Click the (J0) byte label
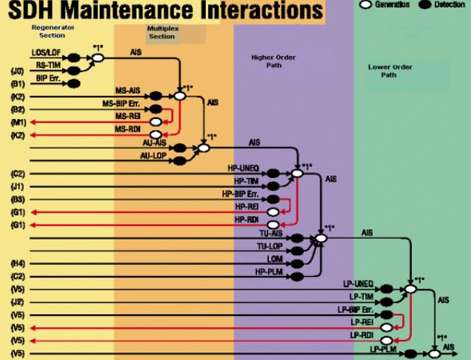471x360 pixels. [17, 70]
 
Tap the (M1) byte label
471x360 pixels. [17, 122]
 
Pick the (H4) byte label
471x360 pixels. [17, 263]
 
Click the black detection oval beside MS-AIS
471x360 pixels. [156, 96]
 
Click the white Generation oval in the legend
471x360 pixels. [366, 5]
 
